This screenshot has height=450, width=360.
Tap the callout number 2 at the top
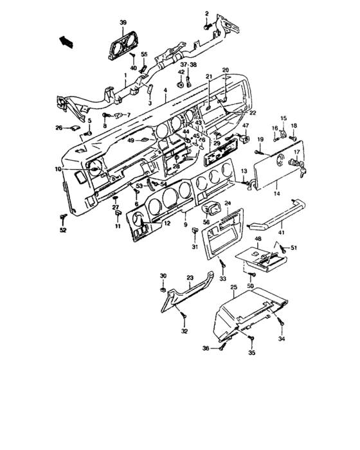point(207,14)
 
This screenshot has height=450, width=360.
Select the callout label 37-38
point(188,66)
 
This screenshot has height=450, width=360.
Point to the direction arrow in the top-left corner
point(66,42)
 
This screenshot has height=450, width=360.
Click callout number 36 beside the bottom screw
point(206,348)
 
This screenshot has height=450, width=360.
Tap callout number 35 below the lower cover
point(252,353)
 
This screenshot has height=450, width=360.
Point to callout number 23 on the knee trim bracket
point(190,278)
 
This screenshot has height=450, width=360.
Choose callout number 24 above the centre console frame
point(227,203)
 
